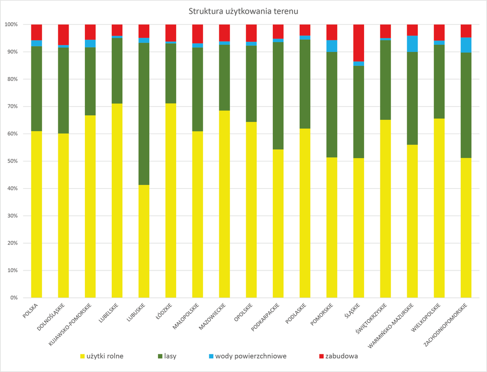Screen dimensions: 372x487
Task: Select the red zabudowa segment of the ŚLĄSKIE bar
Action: pyautogui.click(x=359, y=43)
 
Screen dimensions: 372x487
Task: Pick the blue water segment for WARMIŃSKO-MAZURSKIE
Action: pyautogui.click(x=412, y=44)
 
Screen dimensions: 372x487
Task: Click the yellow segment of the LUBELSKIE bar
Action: pyautogui.click(x=117, y=200)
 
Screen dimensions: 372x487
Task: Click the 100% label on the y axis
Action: pyautogui.click(x=11, y=24)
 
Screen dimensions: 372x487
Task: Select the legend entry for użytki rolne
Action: pyautogui.click(x=102, y=356)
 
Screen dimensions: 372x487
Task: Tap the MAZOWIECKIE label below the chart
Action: pyautogui.click(x=213, y=317)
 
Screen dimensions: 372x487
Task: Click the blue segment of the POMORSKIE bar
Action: pyautogui.click(x=332, y=46)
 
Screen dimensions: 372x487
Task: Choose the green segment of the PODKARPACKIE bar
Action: pyautogui.click(x=278, y=96)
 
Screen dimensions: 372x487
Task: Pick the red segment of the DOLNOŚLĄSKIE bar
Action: pyautogui.click(x=63, y=35)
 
